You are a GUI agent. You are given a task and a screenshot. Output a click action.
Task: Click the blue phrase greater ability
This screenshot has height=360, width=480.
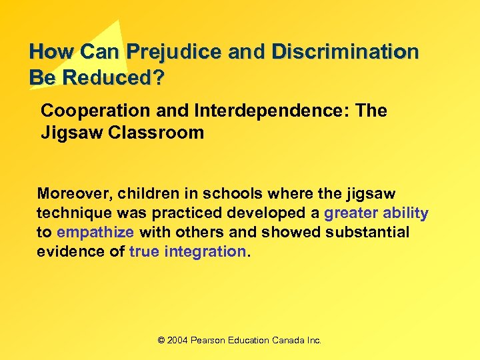(x=376, y=213)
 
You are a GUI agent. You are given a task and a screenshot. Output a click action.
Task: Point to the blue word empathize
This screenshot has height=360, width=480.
(x=95, y=232)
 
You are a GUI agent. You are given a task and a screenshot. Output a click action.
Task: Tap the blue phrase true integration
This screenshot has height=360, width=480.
(x=188, y=251)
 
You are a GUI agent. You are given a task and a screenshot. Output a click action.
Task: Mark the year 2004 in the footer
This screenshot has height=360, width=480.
(x=177, y=340)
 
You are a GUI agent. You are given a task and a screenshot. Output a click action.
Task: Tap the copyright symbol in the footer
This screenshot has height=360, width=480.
(x=161, y=340)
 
